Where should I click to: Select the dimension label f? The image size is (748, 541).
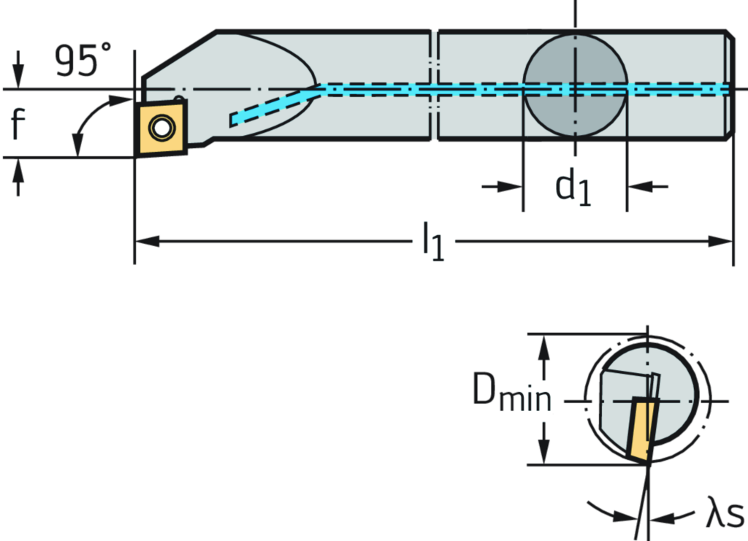click(x=18, y=123)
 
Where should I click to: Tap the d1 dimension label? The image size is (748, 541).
click(x=574, y=187)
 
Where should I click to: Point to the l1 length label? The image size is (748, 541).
click(x=433, y=242)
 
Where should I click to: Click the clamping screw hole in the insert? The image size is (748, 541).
click(x=161, y=128)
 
